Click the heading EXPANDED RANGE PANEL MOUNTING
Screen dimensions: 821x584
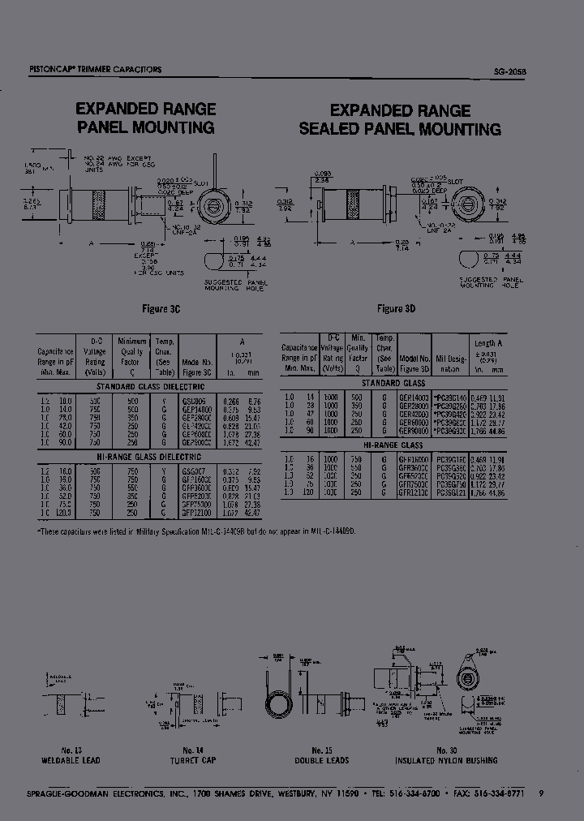coord(145,118)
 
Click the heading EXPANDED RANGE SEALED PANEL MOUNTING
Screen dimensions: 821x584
coord(400,120)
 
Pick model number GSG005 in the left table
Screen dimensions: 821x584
coord(193,400)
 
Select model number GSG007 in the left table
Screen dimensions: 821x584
coord(193,470)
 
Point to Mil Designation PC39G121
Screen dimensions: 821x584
coord(451,492)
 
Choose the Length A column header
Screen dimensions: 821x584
coord(488,343)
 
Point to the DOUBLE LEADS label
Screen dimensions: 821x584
coord(322,761)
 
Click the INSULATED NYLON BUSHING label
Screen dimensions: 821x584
coord(446,761)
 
